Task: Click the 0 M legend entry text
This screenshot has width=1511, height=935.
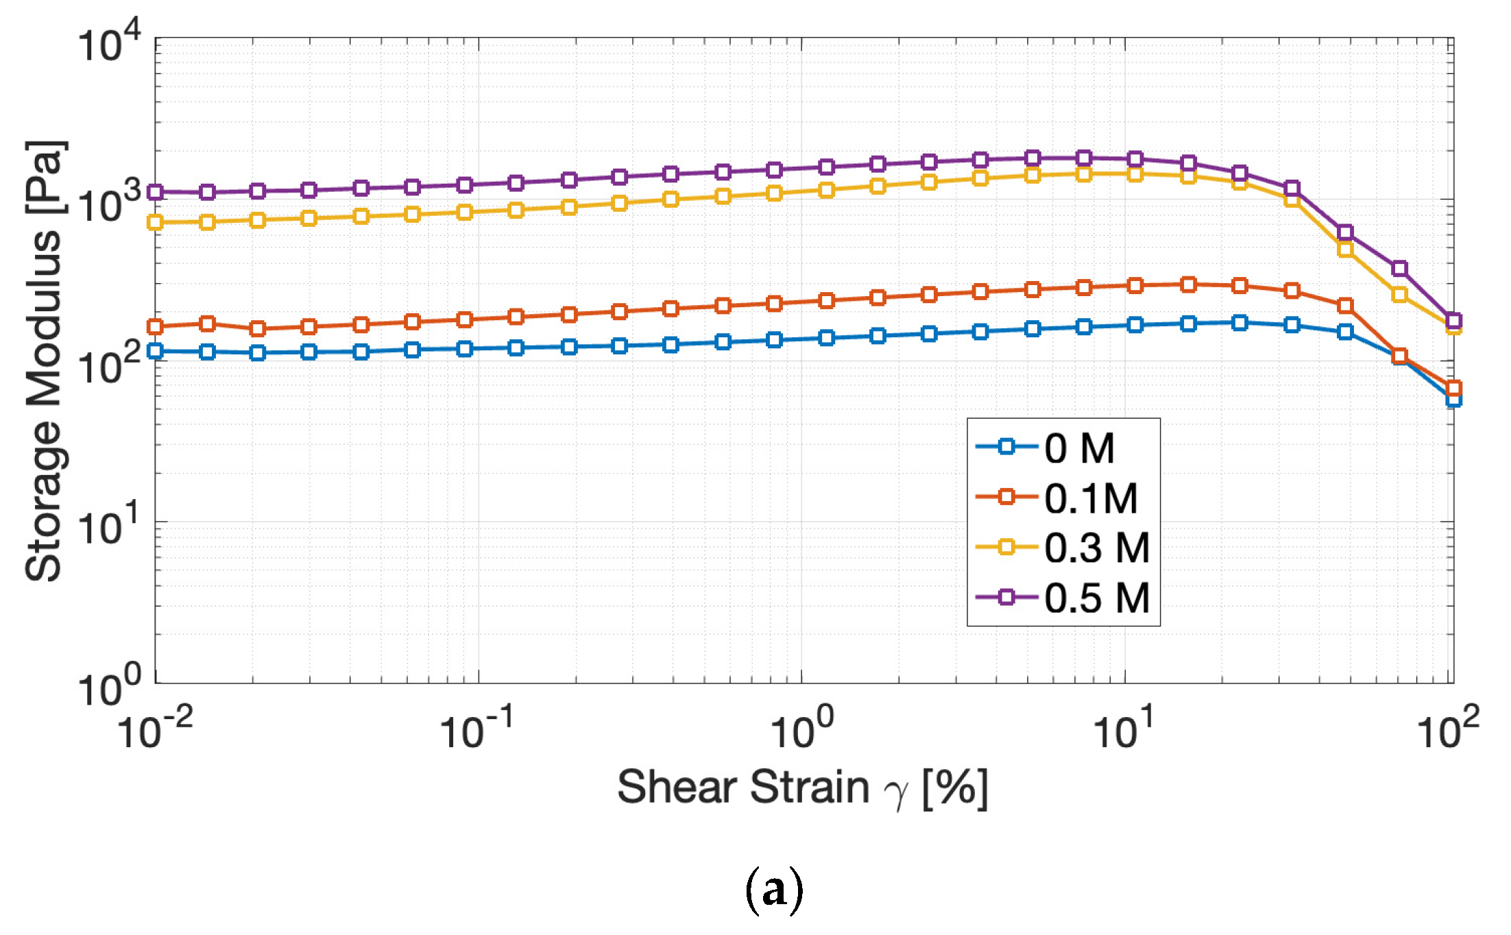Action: (1079, 449)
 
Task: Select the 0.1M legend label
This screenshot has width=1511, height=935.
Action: (1091, 498)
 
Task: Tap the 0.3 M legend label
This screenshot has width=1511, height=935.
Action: (1096, 548)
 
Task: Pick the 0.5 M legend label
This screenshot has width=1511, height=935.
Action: (1096, 598)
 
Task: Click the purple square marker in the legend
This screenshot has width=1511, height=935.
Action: (1006, 597)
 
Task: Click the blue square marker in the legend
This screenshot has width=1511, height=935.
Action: (1006, 447)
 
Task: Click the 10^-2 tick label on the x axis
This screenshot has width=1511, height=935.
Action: (156, 731)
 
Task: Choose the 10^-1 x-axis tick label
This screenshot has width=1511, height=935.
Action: (477, 731)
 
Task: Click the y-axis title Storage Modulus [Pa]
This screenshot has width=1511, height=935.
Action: (44, 361)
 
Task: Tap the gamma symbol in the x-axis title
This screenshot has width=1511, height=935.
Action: (896, 794)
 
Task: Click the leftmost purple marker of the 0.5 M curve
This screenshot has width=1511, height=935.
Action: (156, 192)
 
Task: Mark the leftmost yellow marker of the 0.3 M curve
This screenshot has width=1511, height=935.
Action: (156, 222)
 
